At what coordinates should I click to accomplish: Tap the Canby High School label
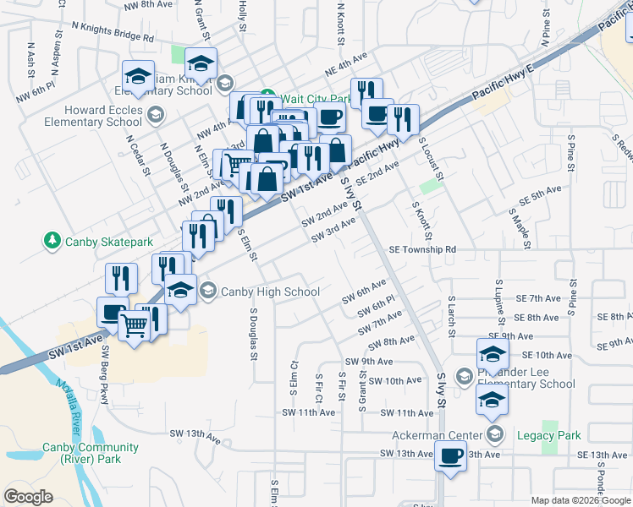270,292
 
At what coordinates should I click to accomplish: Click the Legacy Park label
557,435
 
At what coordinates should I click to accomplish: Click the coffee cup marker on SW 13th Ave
450,457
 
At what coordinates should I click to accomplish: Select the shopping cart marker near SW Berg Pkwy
135,324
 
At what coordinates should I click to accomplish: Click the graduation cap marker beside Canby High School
180,289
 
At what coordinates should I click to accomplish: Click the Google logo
29,497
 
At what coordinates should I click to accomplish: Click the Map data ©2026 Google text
580,500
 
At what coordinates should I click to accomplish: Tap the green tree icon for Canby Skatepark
52,242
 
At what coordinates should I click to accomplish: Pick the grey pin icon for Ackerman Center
496,435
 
